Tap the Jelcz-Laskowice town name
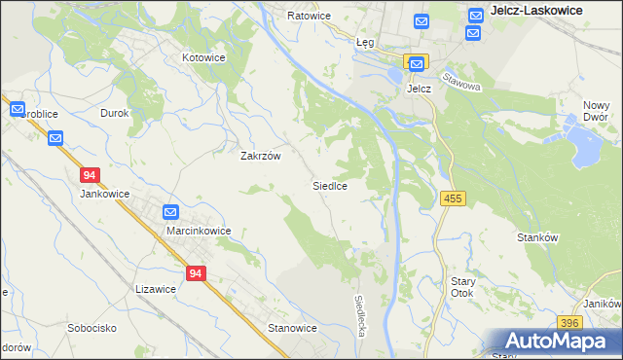(537, 10)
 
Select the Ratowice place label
(310, 16)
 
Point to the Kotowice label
(204, 57)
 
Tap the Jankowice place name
(104, 193)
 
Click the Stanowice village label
(293, 328)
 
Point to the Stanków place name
(538, 236)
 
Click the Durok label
(115, 113)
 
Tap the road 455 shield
(454, 198)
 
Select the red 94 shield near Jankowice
(90, 175)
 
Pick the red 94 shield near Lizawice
(196, 274)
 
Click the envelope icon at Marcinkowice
(170, 211)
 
